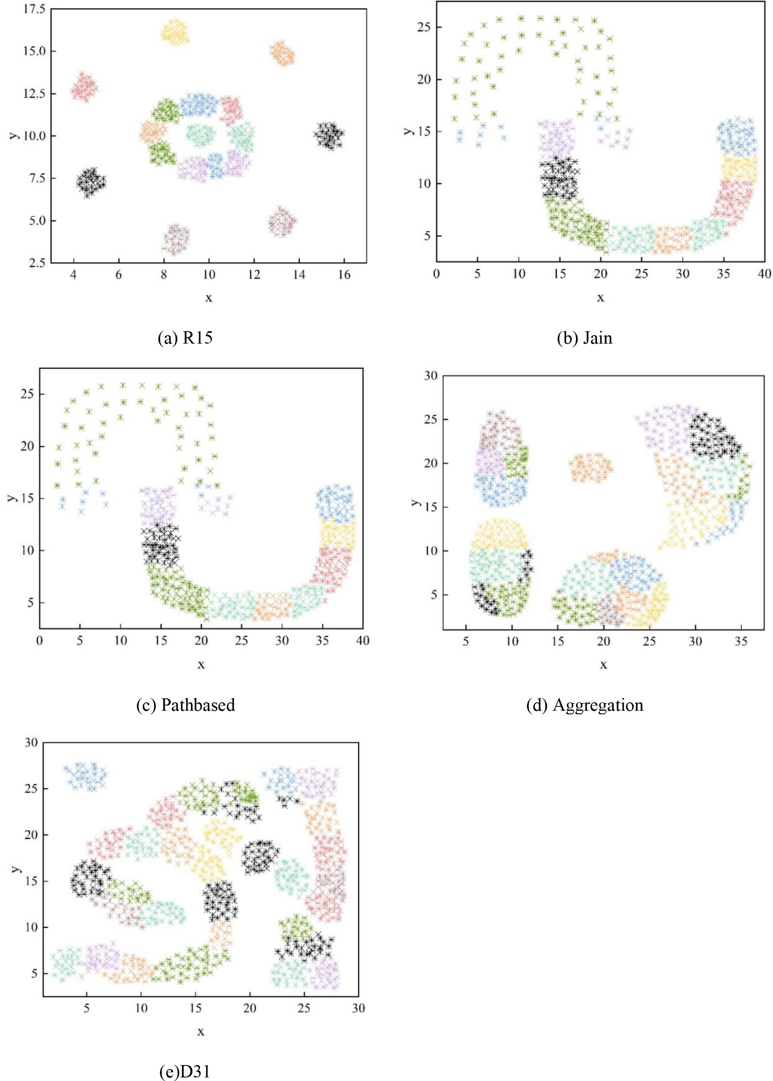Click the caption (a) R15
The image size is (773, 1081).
[185, 338]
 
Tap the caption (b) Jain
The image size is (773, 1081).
[584, 338]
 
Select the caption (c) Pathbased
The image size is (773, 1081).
[185, 704]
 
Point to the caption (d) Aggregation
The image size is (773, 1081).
[584, 704]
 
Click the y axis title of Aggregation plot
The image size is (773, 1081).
[415, 502]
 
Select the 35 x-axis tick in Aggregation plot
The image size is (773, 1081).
[741, 641]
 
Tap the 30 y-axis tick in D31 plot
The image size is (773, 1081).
[31, 743]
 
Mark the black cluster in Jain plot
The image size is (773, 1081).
[559, 178]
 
